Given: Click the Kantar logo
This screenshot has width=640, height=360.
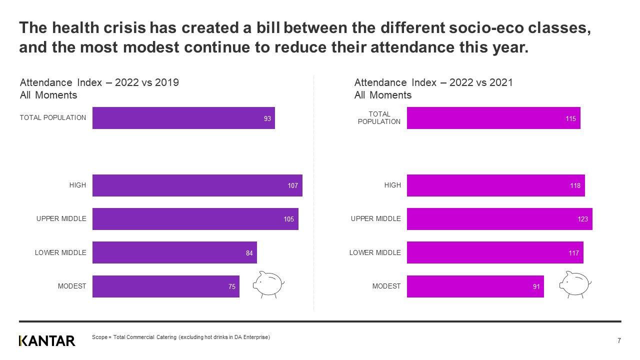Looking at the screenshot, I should point(47,341).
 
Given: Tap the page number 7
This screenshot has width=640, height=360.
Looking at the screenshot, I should point(619,341).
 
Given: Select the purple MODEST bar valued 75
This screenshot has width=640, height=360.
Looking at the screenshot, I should point(165,286).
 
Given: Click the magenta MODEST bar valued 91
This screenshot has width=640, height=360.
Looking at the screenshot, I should point(475,286).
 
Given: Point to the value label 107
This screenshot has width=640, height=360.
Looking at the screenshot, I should point(292,185).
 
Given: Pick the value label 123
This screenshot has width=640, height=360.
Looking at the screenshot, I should point(582,219).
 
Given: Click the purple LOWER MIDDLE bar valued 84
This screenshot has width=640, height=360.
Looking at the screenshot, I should point(174,252).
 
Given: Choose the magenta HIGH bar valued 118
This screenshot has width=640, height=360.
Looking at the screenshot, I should point(495,185).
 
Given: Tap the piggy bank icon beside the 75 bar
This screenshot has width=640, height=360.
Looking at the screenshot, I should point(268,284).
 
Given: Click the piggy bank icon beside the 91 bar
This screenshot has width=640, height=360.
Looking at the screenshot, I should point(575,284).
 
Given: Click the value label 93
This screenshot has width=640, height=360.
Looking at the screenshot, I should point(267,118).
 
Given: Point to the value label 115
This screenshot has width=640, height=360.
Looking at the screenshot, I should point(570,118).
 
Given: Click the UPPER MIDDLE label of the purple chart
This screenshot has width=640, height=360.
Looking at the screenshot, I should point(61,218).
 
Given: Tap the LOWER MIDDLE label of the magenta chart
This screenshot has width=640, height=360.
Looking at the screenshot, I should point(375,252).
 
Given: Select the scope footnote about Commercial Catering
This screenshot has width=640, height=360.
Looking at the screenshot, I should point(181,337).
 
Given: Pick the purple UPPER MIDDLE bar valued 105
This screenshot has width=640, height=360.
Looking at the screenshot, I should point(195,219).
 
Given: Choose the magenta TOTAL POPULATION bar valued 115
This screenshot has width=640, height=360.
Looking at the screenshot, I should point(493,118).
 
